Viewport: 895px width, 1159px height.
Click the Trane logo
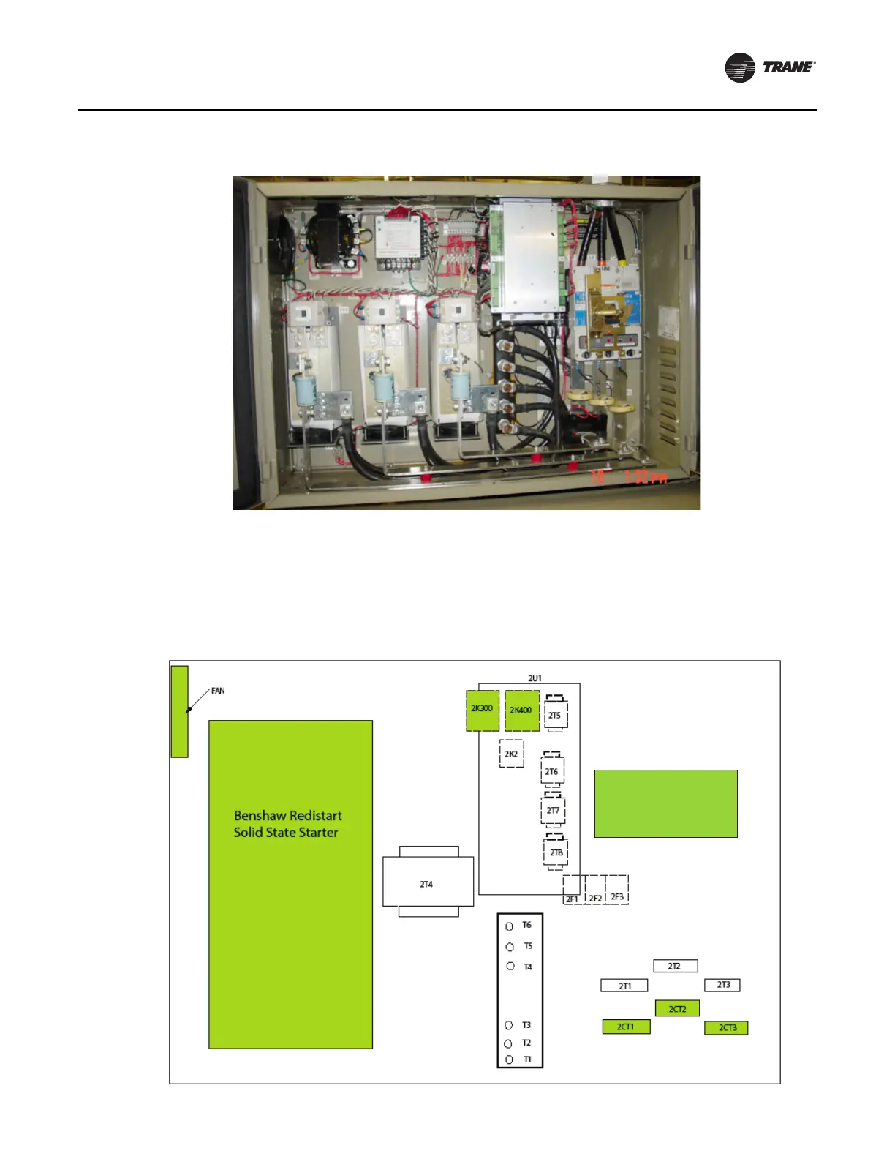(x=770, y=67)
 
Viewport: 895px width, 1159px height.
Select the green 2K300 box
(x=483, y=710)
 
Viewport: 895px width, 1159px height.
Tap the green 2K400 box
(x=521, y=710)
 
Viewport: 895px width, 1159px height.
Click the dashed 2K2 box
(x=511, y=754)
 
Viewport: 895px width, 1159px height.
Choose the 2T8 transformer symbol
(x=556, y=852)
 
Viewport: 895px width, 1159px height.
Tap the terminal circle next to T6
(x=510, y=926)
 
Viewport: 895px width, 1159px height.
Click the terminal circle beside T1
(x=509, y=1059)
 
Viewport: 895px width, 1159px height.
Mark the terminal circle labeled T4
(x=510, y=966)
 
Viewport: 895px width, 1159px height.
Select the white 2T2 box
(x=675, y=966)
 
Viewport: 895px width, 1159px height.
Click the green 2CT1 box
(x=626, y=1027)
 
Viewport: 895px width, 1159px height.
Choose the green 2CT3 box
(x=726, y=1027)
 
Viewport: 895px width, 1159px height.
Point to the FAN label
(x=218, y=691)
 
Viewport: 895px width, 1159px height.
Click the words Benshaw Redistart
(x=287, y=815)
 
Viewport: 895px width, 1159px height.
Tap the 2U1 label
(x=535, y=678)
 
